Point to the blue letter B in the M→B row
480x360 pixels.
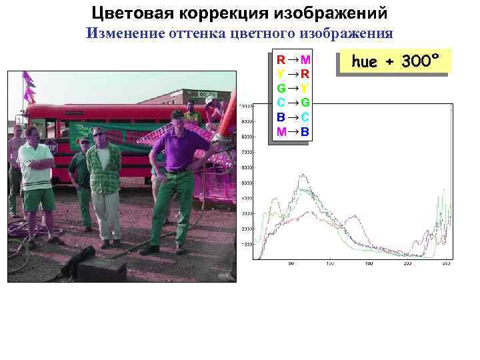click(x=305, y=132)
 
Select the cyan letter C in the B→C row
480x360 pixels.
click(x=305, y=117)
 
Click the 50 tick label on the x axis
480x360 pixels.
click(x=291, y=263)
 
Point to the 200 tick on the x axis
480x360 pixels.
click(x=408, y=263)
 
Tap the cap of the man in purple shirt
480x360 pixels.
click(x=177, y=115)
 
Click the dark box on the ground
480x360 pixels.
click(x=101, y=268)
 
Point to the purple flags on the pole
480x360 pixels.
click(x=29, y=87)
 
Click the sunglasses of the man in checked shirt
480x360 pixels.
click(x=99, y=134)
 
